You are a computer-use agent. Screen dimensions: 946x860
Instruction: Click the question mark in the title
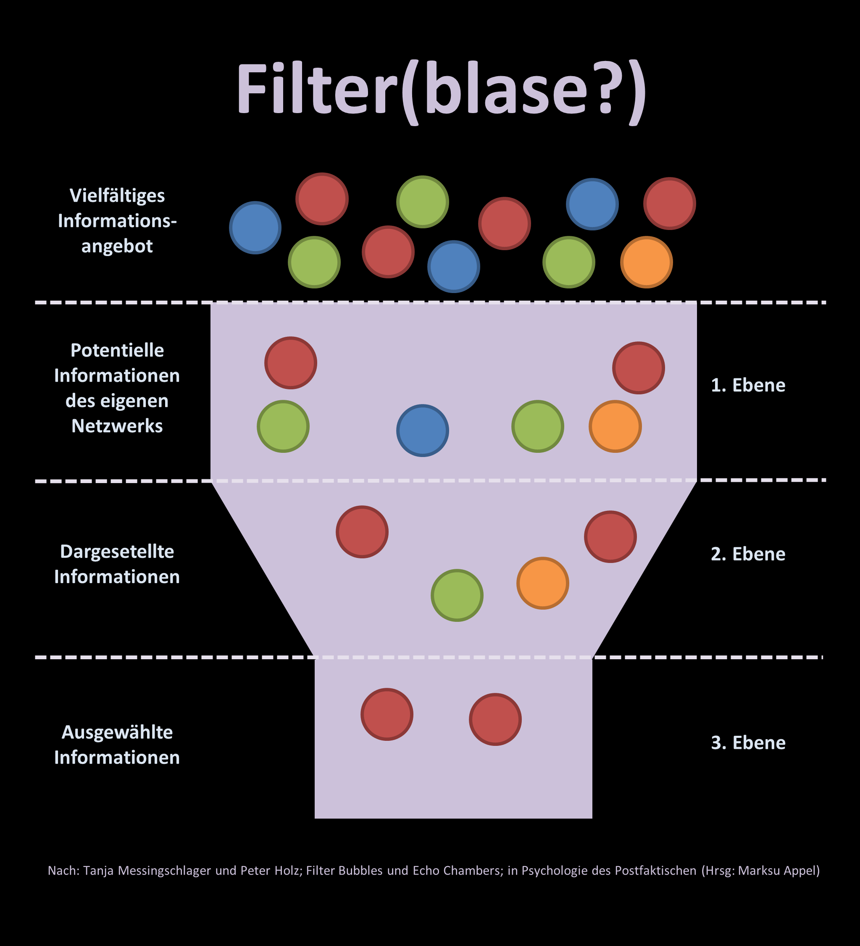(x=606, y=88)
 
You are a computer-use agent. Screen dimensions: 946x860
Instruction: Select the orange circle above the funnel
(x=646, y=262)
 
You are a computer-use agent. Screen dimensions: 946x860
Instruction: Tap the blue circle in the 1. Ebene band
(x=423, y=430)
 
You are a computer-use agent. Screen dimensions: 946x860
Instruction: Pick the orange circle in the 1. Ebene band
(x=615, y=426)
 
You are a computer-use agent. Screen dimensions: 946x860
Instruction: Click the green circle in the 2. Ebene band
(x=457, y=595)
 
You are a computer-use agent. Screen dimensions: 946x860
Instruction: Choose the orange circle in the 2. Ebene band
(x=542, y=583)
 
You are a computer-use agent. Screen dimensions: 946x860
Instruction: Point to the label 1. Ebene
(x=748, y=385)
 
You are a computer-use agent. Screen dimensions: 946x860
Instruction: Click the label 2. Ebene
(x=748, y=554)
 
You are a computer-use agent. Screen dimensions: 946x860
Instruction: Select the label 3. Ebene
(x=748, y=743)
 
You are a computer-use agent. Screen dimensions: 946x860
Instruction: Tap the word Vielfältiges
(x=117, y=196)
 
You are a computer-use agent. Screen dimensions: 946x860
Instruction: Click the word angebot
(x=117, y=246)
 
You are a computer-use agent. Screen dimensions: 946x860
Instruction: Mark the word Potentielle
(x=117, y=351)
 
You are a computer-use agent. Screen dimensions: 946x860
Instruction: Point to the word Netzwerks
(x=117, y=426)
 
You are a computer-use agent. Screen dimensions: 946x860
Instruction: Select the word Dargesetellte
(x=117, y=552)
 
